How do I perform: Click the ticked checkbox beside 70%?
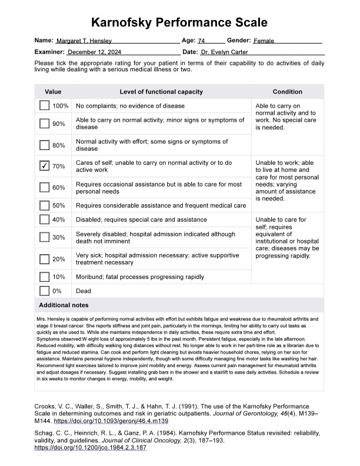[45, 167]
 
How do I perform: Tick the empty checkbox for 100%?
[45, 106]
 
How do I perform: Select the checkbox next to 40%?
[45, 219]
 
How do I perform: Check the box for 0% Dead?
[45, 291]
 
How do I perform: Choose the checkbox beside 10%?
[45, 277]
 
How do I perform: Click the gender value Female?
[264, 41]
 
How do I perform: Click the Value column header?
[53, 92]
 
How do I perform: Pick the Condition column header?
[287, 92]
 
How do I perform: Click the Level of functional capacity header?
[161, 92]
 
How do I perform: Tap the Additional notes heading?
[64, 305]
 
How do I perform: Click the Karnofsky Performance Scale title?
[180, 23]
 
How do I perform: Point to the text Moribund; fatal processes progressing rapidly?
[140, 277]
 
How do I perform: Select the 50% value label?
[59, 205]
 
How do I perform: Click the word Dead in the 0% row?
[84, 291]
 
